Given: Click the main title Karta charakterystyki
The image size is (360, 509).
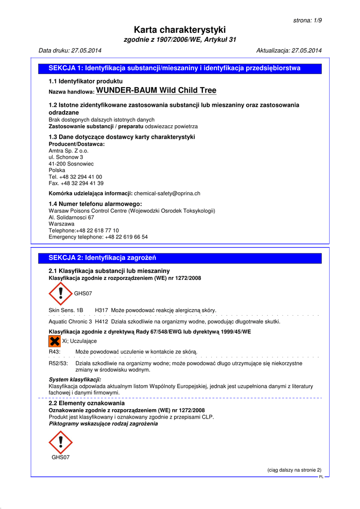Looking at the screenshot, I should click(x=180, y=30).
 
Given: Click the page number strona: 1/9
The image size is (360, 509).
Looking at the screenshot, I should click(x=307, y=20).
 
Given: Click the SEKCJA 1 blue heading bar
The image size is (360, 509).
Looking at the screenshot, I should click(x=180, y=69).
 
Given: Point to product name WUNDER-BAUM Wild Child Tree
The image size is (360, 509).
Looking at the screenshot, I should click(x=156, y=90).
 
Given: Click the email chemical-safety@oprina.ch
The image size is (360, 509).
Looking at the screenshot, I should click(x=167, y=193).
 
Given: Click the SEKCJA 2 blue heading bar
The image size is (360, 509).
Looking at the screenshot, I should click(x=180, y=258).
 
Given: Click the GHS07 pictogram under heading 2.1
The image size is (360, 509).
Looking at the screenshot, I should click(x=61, y=294).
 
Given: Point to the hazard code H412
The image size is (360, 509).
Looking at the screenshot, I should click(x=101, y=322).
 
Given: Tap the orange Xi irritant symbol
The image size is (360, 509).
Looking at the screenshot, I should click(x=54, y=341).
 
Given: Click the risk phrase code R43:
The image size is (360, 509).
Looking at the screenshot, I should click(x=55, y=352).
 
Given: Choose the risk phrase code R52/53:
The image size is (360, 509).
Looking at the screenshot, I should click(x=58, y=363).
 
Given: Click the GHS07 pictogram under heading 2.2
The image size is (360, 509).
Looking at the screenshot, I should click(x=61, y=442).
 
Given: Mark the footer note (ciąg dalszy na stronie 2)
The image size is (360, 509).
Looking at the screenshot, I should click(x=294, y=470).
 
